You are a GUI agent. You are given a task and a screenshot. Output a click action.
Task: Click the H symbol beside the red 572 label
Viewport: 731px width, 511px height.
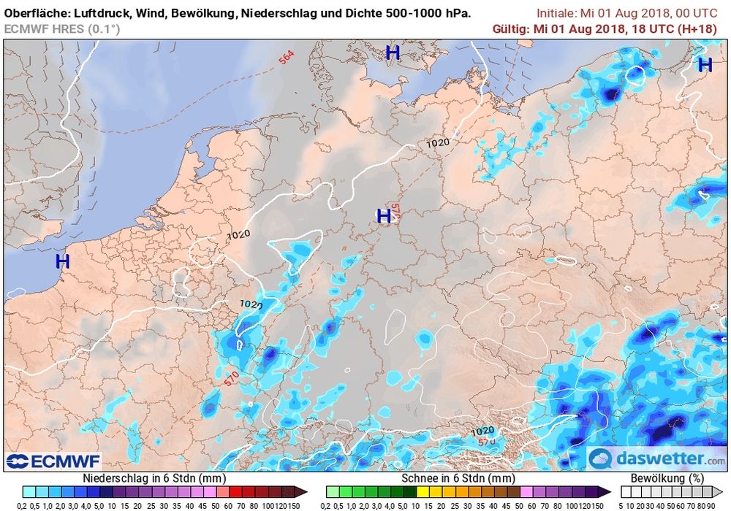click(x=383, y=216)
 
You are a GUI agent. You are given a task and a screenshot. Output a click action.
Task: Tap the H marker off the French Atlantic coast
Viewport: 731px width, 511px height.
click(x=62, y=261)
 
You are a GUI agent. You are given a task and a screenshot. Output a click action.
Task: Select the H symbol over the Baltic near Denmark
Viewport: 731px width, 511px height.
click(x=393, y=53)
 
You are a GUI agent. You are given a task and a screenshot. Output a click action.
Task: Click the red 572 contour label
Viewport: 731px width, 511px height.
click(x=395, y=211)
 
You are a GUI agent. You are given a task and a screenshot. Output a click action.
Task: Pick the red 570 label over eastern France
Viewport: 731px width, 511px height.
click(x=232, y=380)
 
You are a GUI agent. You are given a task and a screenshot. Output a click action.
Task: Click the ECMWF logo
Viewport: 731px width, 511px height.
click(x=53, y=461)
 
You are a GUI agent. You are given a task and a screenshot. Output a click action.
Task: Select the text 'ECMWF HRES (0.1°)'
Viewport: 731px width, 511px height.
click(x=62, y=28)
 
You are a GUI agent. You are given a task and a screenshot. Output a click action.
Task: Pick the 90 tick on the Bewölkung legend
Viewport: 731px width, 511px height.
click(x=720, y=505)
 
